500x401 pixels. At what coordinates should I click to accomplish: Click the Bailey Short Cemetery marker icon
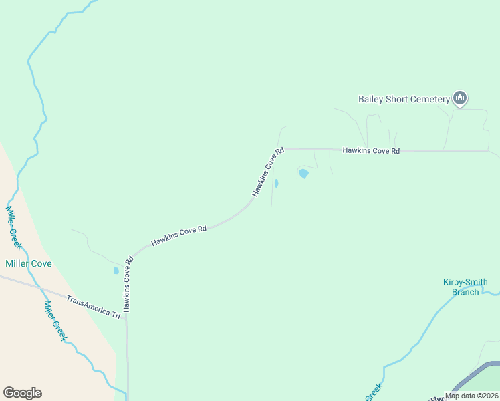(x=459, y=98)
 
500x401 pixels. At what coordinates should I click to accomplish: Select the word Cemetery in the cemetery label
(x=428, y=100)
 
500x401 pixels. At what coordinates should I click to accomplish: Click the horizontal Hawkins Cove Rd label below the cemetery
(x=371, y=151)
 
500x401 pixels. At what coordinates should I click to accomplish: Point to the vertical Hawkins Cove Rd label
(x=126, y=285)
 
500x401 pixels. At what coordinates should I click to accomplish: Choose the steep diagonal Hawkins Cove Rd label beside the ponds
(x=268, y=172)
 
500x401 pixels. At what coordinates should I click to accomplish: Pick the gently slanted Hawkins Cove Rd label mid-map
(x=178, y=236)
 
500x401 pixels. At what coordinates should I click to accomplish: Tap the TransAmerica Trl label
(x=93, y=305)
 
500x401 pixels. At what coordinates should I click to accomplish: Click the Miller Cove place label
(x=28, y=263)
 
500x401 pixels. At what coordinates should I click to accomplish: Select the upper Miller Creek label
(x=14, y=227)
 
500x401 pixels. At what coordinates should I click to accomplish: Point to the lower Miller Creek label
(x=55, y=321)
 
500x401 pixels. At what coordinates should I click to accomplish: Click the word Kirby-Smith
(x=465, y=282)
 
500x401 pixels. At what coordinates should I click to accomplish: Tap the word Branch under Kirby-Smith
(x=465, y=291)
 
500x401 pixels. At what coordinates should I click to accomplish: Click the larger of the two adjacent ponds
(x=303, y=174)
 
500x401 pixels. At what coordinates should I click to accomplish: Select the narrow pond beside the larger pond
(x=276, y=183)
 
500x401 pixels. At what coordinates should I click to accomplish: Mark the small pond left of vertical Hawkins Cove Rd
(x=116, y=271)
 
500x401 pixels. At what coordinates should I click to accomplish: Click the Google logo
(x=22, y=393)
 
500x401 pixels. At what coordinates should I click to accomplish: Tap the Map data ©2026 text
(x=471, y=396)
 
